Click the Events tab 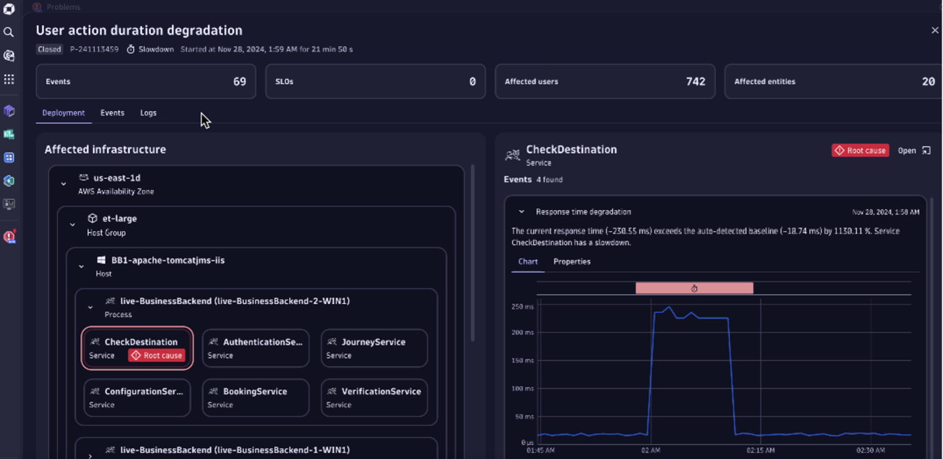point(112,113)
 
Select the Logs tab point(148,113)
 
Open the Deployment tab point(63,113)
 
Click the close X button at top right point(934,30)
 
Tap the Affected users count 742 point(695,81)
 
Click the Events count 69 point(239,81)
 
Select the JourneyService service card point(374,347)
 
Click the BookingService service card point(255,397)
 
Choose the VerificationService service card point(374,397)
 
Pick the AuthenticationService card point(255,347)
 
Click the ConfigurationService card point(137,397)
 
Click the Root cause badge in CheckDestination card point(156,355)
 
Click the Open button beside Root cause point(913,151)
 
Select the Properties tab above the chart point(572,262)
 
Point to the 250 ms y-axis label point(522,306)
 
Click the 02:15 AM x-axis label point(760,450)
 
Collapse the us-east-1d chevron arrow point(63,184)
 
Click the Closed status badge point(49,49)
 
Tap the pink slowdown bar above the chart point(694,288)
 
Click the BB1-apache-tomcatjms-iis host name point(168,260)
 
